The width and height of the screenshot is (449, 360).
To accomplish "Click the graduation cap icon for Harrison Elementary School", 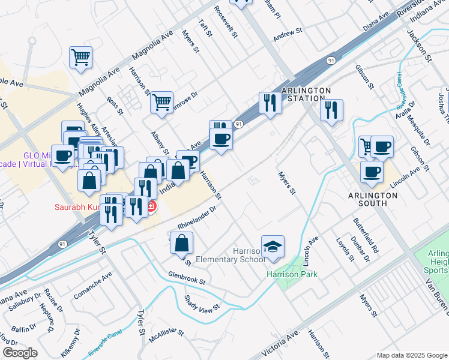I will tap(273, 246).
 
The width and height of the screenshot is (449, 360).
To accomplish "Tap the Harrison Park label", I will tap(292, 274).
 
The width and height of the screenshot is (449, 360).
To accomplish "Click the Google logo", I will tap(19, 353).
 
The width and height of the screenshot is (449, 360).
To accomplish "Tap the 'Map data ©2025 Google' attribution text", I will tap(411, 355).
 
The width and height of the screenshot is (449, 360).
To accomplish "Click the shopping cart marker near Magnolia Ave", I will tap(80, 58).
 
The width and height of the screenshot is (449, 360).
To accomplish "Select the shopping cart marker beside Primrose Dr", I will tap(161, 103).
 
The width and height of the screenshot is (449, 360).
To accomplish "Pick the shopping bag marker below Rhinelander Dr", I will tap(181, 244).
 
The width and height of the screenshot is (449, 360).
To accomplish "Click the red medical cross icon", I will tap(150, 207).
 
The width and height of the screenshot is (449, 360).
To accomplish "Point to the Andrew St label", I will tap(286, 35).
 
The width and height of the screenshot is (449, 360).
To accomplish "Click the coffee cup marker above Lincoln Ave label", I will tap(372, 172).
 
